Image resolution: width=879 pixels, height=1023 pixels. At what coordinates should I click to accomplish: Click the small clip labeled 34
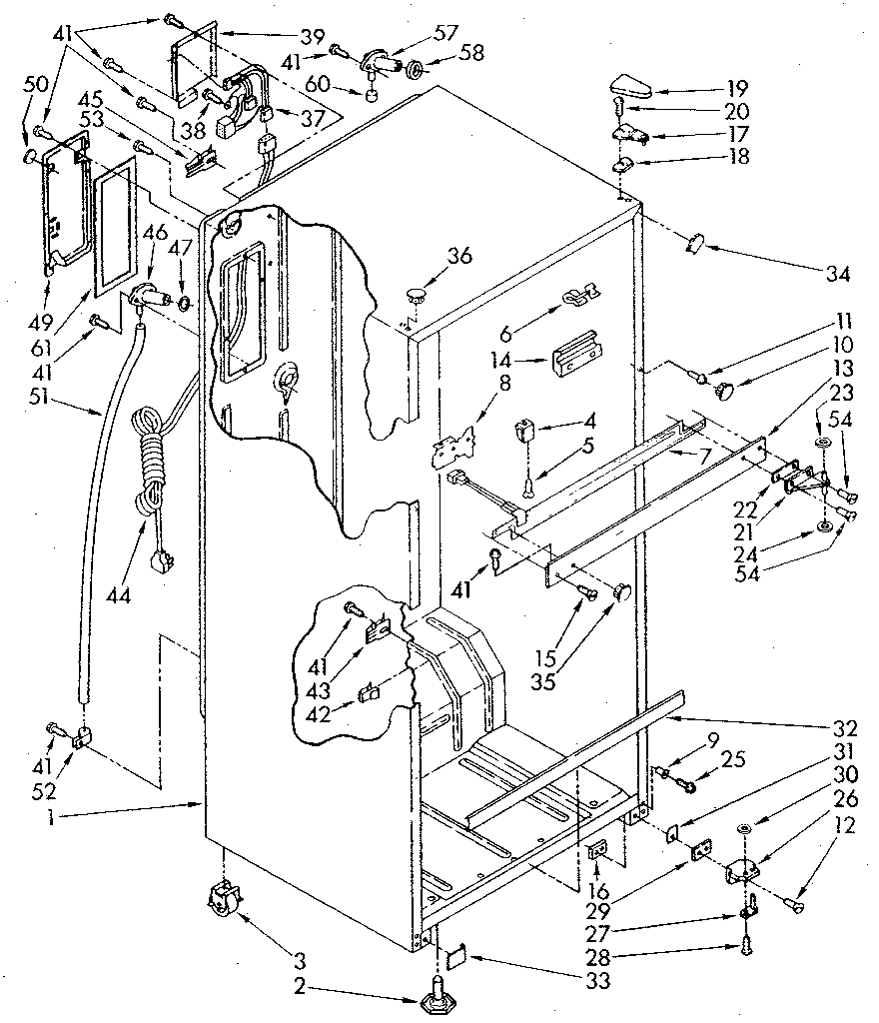click(x=695, y=241)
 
